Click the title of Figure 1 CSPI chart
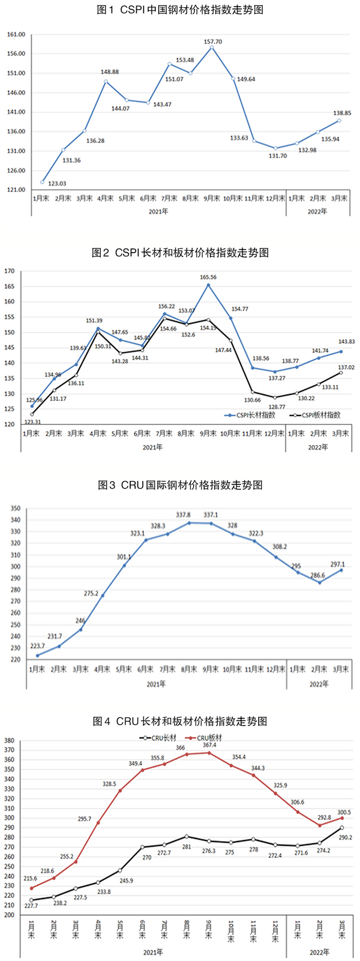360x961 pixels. pyautogui.click(x=180, y=10)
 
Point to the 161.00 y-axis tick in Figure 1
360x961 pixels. pyautogui.click(x=16, y=35)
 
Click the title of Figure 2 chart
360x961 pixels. pyautogui.click(x=180, y=253)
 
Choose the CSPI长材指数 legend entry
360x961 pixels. pyautogui.click(x=254, y=415)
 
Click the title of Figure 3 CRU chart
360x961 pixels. pyautogui.click(x=180, y=485)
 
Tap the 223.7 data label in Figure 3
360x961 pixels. pyautogui.click(x=37, y=646)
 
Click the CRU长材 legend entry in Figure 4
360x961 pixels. pyautogui.click(x=161, y=738)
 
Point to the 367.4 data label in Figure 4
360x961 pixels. pyautogui.click(x=209, y=745)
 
